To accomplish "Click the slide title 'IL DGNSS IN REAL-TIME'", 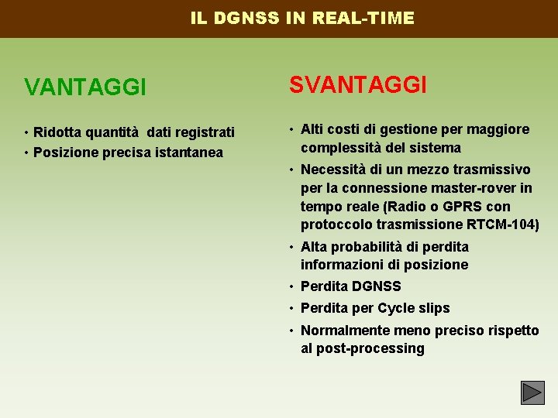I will click(302, 18).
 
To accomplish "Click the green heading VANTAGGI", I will click(85, 87).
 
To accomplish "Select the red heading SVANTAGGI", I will click(358, 85).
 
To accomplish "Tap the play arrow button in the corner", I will click(532, 393).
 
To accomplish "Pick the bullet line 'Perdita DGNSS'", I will click(350, 286).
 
